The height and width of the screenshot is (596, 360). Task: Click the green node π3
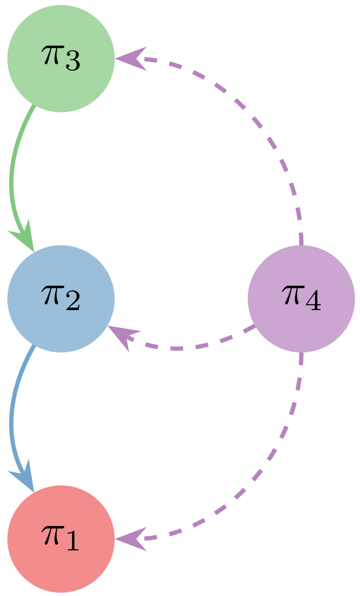click(61, 59)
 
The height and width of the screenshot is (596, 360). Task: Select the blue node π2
click(61, 299)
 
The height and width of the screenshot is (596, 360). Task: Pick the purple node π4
click(301, 299)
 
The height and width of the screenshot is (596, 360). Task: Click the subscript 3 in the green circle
click(72, 63)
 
